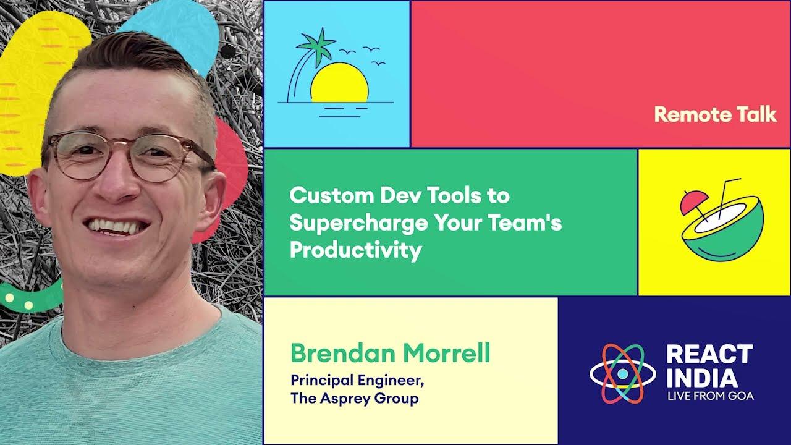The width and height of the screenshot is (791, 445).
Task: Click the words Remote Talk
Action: (715, 114)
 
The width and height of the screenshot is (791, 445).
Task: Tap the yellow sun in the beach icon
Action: (339, 84)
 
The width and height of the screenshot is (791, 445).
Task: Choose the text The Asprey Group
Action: (354, 398)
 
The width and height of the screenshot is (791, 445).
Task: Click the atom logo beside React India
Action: (622, 373)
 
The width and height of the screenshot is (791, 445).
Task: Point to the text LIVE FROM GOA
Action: (710, 396)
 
